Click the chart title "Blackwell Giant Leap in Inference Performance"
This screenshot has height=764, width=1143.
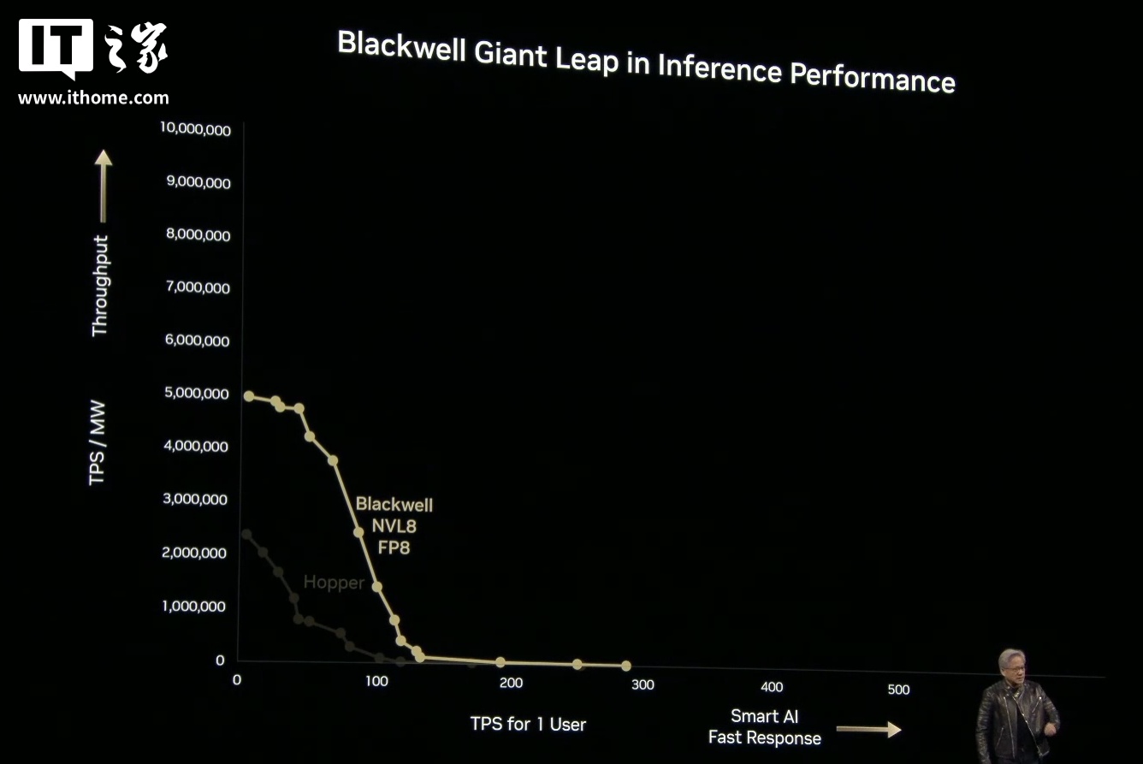(646, 62)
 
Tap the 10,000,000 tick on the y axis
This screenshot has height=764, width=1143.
(195, 129)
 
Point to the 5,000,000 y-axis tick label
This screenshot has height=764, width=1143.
(196, 394)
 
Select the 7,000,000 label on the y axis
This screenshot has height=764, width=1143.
(196, 288)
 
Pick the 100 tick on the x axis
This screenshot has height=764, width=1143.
(376, 681)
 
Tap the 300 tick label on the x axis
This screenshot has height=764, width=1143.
(642, 684)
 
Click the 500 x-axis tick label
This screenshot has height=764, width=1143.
(898, 690)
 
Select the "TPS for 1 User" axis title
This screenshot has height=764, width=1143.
(528, 724)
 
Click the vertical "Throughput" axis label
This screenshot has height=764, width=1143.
(101, 285)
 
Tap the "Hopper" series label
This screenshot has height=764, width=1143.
(334, 583)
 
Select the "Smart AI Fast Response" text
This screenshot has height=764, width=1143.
(764, 727)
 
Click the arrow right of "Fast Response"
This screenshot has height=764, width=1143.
(868, 730)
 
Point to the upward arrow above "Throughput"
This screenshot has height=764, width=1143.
(103, 185)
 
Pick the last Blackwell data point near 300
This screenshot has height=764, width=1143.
(625, 666)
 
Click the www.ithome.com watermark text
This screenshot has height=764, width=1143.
(93, 98)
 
